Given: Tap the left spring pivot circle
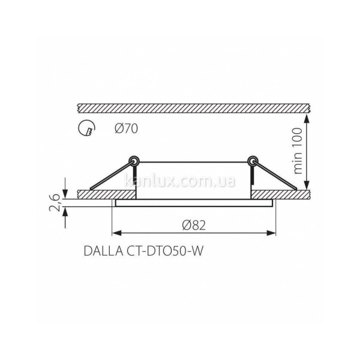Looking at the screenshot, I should click(x=134, y=161).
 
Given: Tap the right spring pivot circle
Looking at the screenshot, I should click(x=253, y=161).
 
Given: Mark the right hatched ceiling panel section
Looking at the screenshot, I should click(x=282, y=195).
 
